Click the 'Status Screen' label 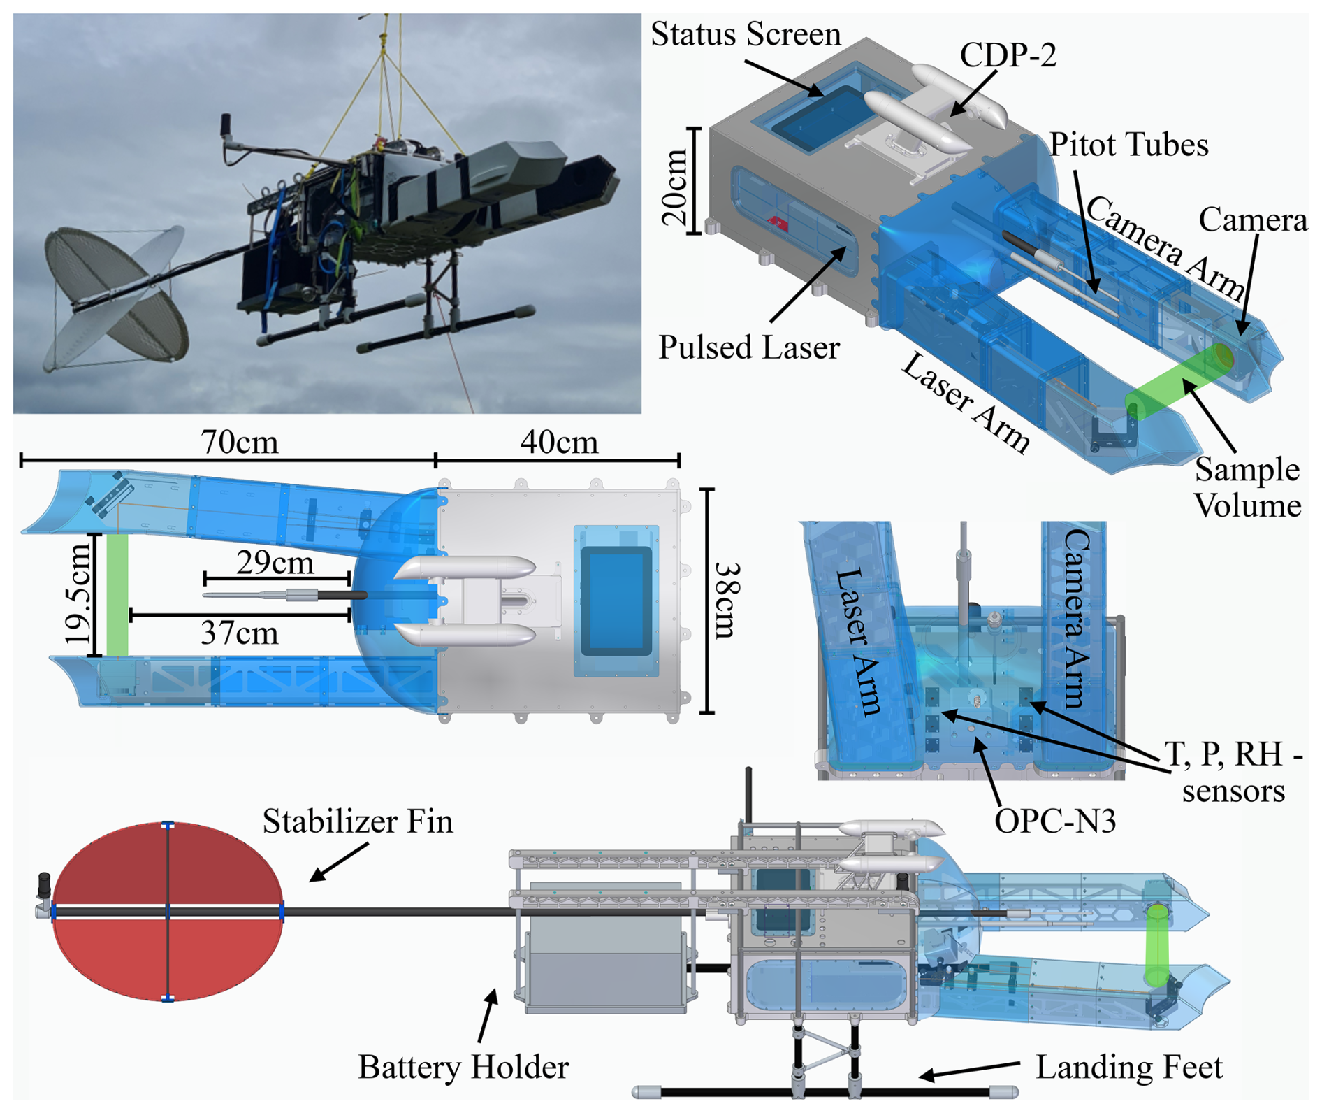[x=746, y=34]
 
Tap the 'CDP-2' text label [x=1008, y=55]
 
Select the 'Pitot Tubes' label [x=1128, y=145]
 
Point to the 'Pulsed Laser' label [x=749, y=347]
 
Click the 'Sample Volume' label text [x=1247, y=487]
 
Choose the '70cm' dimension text [x=239, y=443]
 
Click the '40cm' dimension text [x=559, y=443]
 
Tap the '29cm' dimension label [x=275, y=563]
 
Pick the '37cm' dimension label [x=239, y=633]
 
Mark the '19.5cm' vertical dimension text [x=78, y=594]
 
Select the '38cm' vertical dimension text [x=727, y=601]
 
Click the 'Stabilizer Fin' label [x=358, y=821]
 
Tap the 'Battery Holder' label [x=463, y=1068]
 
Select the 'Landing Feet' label [x=1128, y=1068]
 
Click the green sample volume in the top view [x=117, y=595]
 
